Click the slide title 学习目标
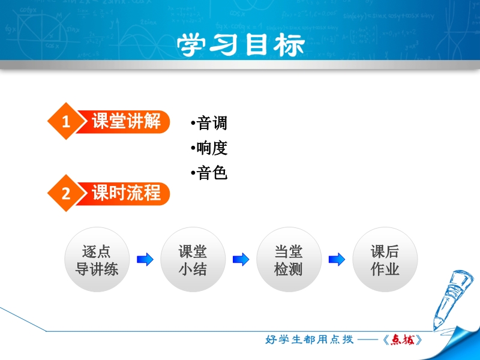[x=241, y=45]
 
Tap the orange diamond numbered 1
[x=66, y=121]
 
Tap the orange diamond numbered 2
[x=66, y=193]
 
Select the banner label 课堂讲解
[x=126, y=121]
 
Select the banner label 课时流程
[x=126, y=193]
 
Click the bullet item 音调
[x=209, y=123]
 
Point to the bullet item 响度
[x=209, y=148]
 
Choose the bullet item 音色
[x=209, y=173]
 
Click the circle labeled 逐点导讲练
[x=97, y=260]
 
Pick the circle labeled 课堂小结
[x=193, y=260]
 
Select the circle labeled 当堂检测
[x=289, y=260]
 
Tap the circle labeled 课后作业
[x=385, y=260]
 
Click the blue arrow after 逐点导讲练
[x=145, y=260]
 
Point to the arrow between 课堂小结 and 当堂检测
[x=241, y=260]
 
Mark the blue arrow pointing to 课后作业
[x=337, y=260]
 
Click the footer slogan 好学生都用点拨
[x=309, y=340]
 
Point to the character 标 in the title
[x=289, y=45]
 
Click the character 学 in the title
[x=191, y=45]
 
